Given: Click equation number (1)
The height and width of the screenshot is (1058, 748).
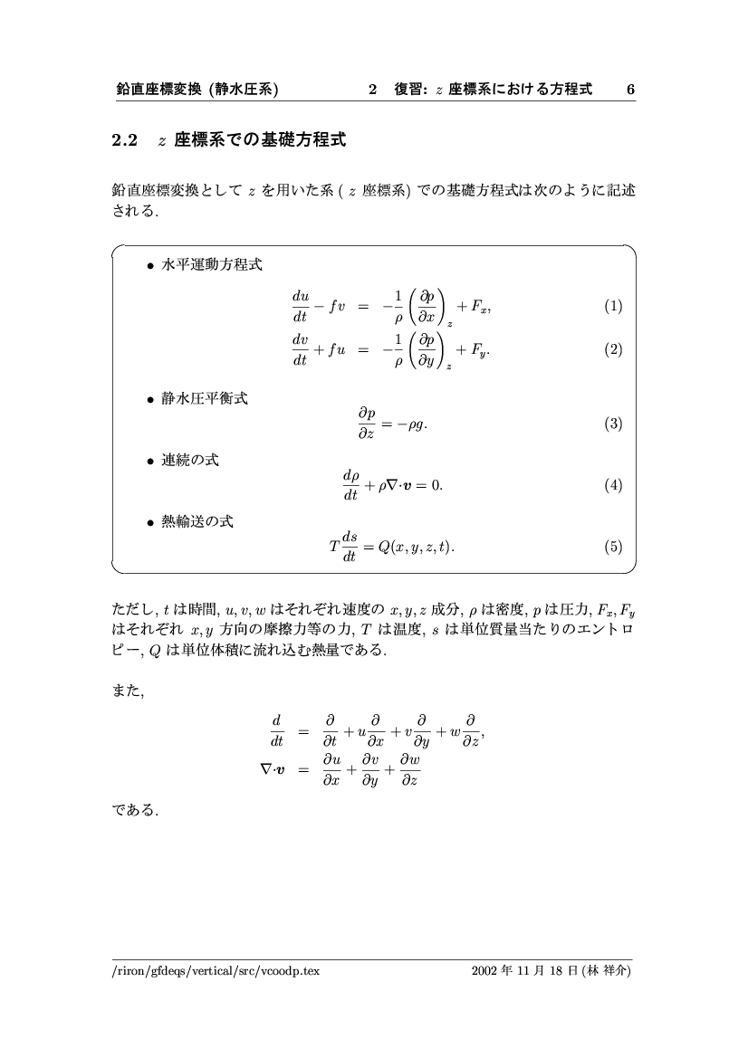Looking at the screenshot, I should tap(613, 307).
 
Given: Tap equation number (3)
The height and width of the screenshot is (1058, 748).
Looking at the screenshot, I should tap(613, 424).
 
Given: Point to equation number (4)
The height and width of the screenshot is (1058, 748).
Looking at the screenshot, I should tap(613, 486).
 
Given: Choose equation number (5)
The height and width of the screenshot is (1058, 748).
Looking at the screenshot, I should tap(613, 547).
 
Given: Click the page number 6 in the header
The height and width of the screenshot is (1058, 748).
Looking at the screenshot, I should tap(630, 90).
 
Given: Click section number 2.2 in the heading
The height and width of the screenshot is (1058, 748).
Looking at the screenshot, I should tap(123, 141).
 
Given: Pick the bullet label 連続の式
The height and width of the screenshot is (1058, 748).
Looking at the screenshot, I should tap(189, 460).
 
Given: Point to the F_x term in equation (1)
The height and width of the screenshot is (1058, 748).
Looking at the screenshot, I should tap(480, 308).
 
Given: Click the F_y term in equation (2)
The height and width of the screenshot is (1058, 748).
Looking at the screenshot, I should tap(480, 352).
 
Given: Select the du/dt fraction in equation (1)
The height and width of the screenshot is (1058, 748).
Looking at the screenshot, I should tap(300, 307).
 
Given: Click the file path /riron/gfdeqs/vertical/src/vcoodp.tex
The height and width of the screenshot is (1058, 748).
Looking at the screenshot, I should tap(210, 972).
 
